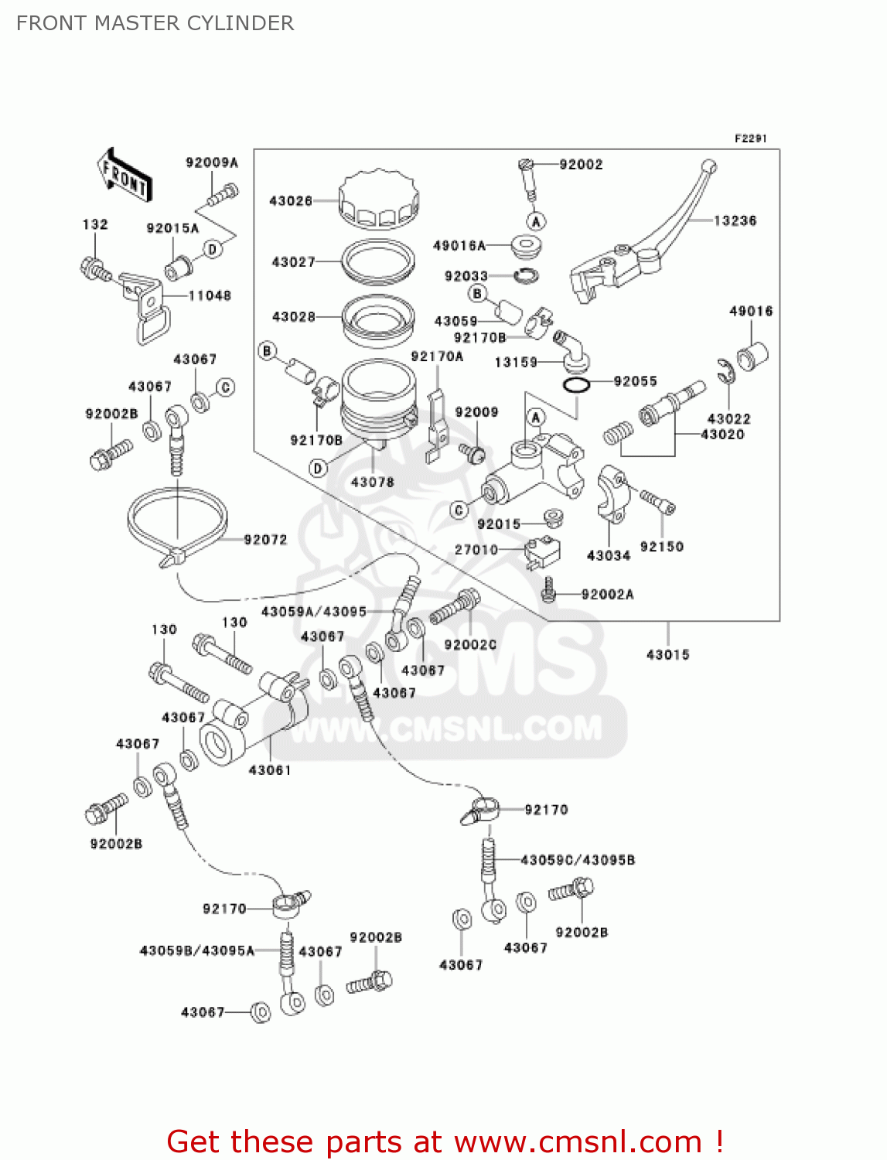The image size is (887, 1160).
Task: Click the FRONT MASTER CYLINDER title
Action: (155, 23)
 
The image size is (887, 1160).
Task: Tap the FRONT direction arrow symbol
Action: (125, 176)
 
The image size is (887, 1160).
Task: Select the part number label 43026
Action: (291, 201)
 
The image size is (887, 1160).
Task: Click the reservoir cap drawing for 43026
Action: (379, 200)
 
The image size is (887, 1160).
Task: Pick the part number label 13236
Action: (734, 221)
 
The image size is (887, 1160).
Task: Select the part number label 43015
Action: (667, 655)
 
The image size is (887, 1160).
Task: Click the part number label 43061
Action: (269, 770)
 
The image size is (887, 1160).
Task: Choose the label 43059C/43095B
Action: (578, 860)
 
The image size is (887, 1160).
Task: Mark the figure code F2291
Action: (750, 138)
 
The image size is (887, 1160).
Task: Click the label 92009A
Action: (211, 162)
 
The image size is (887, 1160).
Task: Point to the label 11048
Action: (210, 295)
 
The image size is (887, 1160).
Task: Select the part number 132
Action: (95, 224)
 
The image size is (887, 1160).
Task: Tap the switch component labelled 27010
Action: (543, 551)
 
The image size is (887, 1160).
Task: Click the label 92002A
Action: (607, 594)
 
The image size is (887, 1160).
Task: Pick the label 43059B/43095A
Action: (196, 950)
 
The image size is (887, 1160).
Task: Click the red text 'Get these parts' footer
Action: (445, 1141)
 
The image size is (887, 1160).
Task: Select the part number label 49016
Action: (750, 312)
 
